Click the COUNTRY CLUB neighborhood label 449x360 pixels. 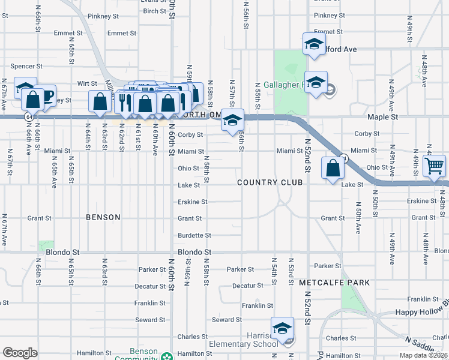click(x=270, y=182)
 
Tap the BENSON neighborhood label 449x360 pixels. click(x=103, y=217)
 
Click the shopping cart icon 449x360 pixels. click(x=435, y=165)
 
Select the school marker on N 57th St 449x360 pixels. click(x=232, y=120)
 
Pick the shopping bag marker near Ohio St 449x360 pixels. click(x=332, y=169)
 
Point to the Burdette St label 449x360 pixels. click(x=194, y=235)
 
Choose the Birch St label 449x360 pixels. click(x=154, y=11)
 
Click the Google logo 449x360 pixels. click(x=20, y=353)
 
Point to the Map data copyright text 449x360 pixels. click(x=423, y=355)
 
